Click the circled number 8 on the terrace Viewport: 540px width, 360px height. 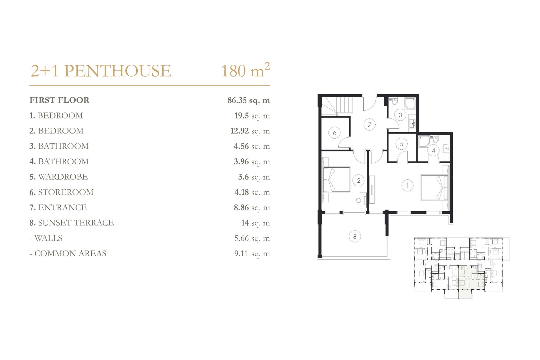click(x=355, y=237)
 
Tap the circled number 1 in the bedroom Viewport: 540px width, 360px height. click(x=407, y=185)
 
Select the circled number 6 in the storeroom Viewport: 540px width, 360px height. click(x=334, y=133)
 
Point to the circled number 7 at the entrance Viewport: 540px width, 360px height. click(x=370, y=124)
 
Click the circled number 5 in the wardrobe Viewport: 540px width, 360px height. click(x=401, y=144)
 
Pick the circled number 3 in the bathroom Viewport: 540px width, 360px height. click(x=400, y=115)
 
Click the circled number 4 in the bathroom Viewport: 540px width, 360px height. click(x=433, y=151)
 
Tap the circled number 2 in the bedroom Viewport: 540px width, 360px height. click(x=358, y=181)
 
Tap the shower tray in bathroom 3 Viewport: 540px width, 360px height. click(x=410, y=103)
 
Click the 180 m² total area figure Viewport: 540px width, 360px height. click(x=245, y=70)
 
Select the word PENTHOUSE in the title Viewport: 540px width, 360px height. click(x=118, y=71)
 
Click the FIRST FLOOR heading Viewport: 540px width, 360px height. click(x=59, y=100)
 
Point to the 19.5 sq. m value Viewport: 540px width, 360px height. click(x=252, y=116)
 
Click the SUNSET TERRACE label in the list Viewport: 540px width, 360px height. click(x=76, y=223)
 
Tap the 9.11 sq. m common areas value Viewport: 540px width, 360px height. click(x=252, y=254)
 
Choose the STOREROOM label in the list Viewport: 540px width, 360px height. click(x=66, y=192)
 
